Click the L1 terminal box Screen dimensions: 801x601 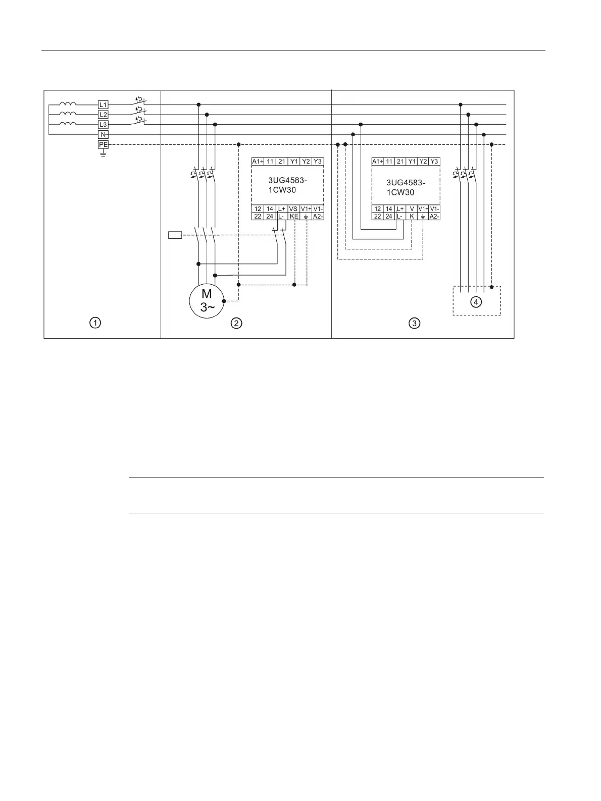pos(103,104)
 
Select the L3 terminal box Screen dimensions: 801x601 pos(103,124)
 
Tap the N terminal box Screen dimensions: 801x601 pos(103,134)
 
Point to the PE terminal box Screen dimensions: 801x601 pos(103,144)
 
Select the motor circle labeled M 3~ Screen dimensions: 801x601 pos(207,301)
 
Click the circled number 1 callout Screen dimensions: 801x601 pos(95,323)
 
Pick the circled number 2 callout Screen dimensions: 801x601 pos(236,323)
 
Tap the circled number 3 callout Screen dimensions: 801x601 pos(414,323)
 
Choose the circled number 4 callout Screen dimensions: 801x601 pos(476,301)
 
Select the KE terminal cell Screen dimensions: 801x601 pos(294,216)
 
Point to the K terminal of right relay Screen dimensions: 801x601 pos(412,216)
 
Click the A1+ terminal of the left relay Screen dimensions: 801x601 pos(258,162)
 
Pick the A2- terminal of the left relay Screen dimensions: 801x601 pos(318,216)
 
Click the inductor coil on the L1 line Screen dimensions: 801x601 pos(68,104)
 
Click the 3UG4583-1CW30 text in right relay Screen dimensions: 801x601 pos(406,187)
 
